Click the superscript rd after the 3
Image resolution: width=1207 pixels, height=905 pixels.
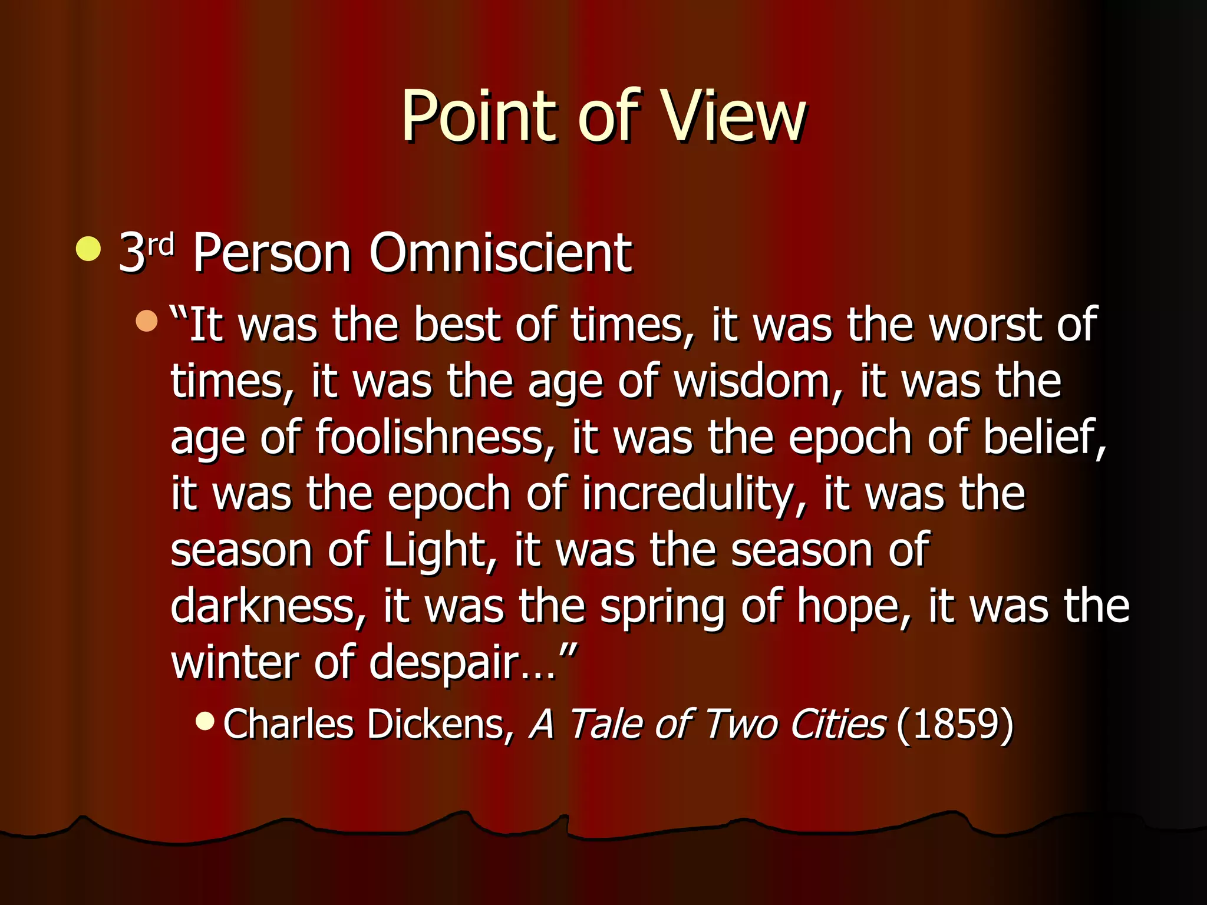(x=160, y=243)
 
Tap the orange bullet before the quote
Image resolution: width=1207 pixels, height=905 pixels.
(x=147, y=321)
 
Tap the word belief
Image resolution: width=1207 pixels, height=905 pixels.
(x=1044, y=437)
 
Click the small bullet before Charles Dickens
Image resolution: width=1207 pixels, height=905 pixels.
(x=205, y=720)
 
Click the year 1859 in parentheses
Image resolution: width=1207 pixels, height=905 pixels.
(x=954, y=724)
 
